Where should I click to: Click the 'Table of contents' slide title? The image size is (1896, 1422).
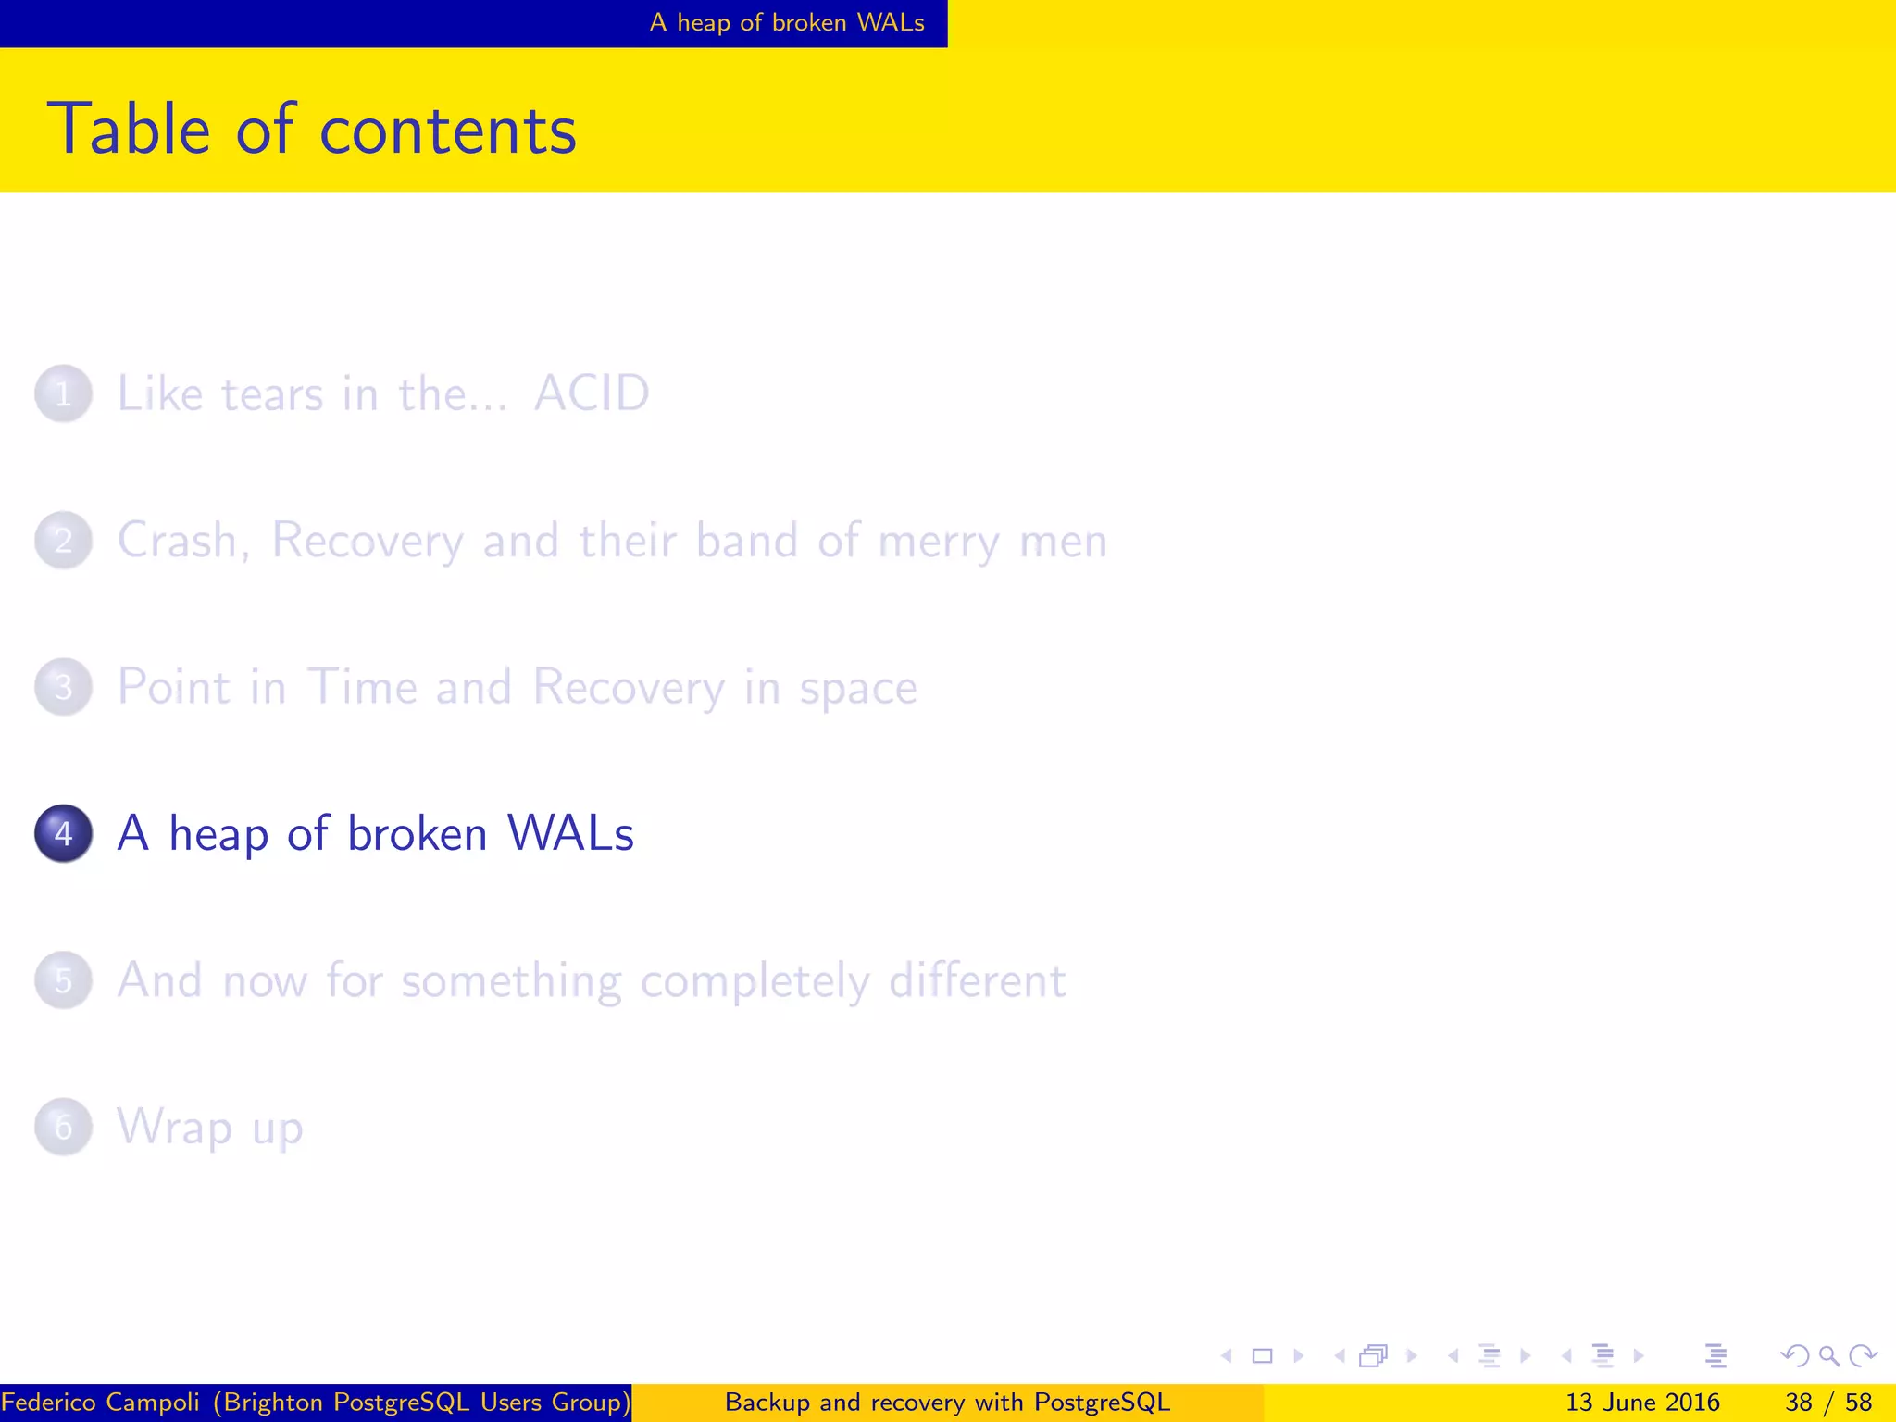point(311,130)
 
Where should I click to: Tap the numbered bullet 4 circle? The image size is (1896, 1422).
point(63,833)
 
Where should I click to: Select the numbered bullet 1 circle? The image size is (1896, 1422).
point(63,394)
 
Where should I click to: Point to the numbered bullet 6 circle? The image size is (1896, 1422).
point(63,1127)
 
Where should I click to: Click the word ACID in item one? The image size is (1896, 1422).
point(592,393)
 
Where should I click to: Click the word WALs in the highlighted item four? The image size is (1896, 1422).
point(570,833)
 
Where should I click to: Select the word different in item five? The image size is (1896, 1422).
point(977,979)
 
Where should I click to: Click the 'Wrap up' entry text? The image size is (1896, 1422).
point(210,1128)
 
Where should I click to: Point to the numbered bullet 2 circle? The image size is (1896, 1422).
point(63,541)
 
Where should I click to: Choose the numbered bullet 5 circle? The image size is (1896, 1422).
point(63,980)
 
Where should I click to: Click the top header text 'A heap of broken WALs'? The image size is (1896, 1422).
point(787,22)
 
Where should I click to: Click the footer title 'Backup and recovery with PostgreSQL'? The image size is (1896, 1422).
point(947,1403)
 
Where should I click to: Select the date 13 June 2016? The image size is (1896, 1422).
point(1641,1403)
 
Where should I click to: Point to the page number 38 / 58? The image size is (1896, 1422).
point(1827,1403)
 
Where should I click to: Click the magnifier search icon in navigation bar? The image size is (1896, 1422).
point(1828,1356)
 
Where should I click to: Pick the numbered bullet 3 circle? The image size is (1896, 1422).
point(63,687)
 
